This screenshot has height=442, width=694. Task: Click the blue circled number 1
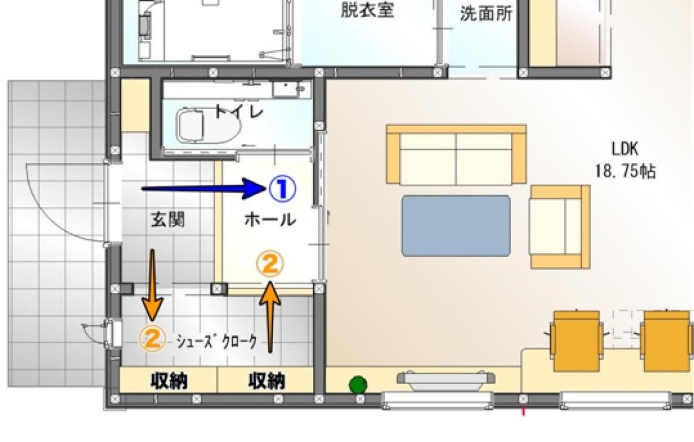[282, 188]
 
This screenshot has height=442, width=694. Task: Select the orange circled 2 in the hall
[270, 264]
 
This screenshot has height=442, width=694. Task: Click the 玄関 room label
[168, 220]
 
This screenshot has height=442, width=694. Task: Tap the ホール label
[270, 220]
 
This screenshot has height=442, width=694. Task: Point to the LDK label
[625, 150]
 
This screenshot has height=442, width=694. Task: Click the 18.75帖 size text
[625, 172]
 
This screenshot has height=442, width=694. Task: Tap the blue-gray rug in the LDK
[456, 225]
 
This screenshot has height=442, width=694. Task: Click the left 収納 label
[169, 381]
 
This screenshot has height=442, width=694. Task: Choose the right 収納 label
[267, 381]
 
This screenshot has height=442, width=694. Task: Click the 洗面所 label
[486, 14]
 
